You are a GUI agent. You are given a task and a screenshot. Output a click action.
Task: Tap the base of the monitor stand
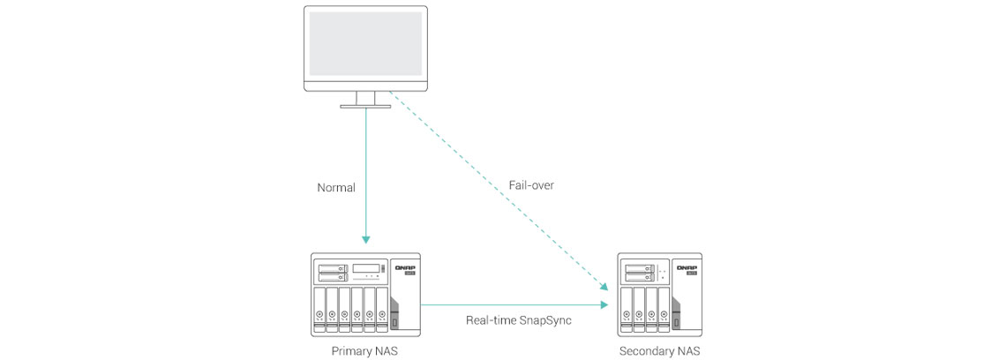click(365, 106)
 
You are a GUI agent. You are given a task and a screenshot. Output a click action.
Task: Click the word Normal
click(336, 187)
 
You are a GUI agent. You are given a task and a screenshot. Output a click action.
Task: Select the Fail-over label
click(531, 185)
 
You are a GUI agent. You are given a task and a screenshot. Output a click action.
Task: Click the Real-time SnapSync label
click(519, 320)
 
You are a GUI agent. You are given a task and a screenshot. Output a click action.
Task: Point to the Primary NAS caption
click(365, 350)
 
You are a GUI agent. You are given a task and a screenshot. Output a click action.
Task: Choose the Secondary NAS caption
click(661, 350)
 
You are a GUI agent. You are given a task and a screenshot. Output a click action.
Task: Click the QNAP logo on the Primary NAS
click(406, 266)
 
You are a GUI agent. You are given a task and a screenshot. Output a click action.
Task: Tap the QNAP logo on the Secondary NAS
click(687, 266)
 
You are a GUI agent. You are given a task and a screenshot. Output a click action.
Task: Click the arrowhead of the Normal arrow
click(365, 238)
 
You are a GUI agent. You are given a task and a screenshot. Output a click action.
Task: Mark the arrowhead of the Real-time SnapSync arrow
click(605, 304)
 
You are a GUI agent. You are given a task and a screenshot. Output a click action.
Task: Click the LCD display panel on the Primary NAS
click(366, 267)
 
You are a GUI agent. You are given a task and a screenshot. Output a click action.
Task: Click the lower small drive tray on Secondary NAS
click(634, 277)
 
